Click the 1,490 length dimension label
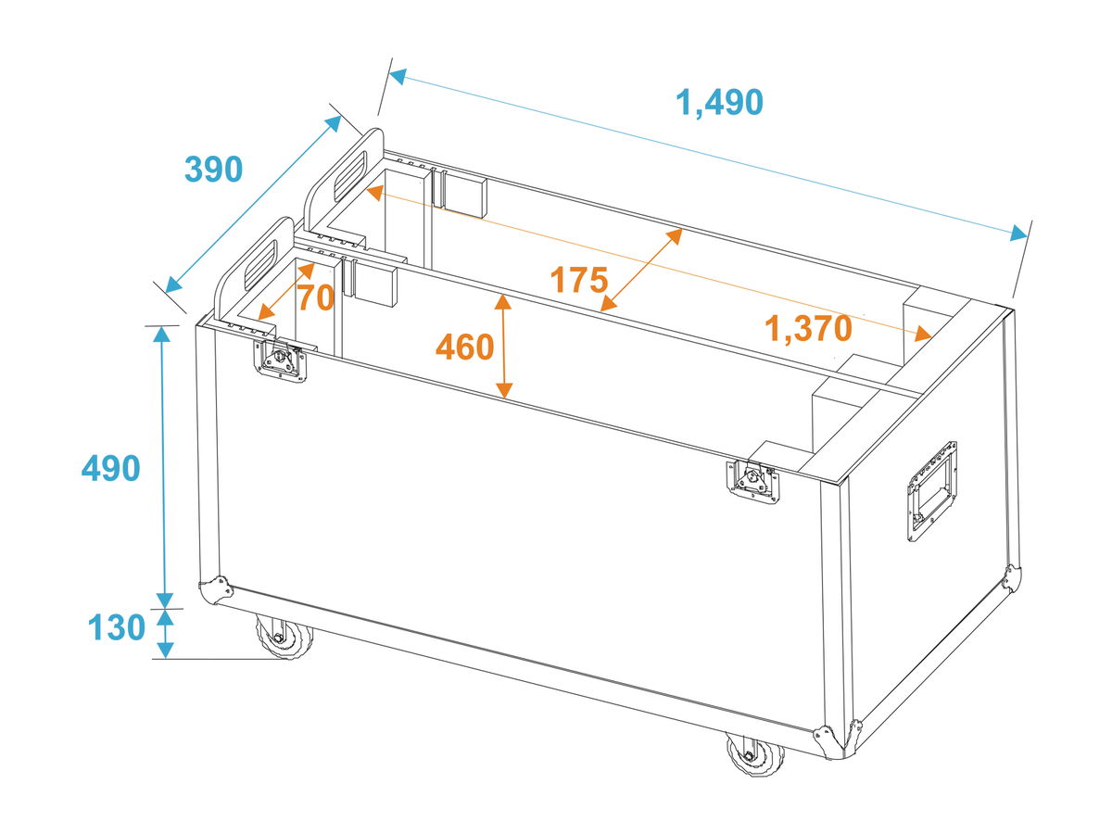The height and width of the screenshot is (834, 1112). tap(719, 103)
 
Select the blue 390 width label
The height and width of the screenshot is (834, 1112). tap(214, 170)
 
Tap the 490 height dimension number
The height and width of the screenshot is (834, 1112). tap(110, 468)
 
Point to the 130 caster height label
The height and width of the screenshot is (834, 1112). tap(117, 627)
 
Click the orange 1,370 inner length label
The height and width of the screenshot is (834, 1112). tap(807, 328)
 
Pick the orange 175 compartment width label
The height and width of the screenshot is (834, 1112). tap(578, 279)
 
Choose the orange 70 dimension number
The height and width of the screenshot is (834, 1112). tap(316, 297)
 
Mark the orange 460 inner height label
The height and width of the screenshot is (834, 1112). tap(464, 347)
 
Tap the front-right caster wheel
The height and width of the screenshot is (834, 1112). tap(754, 754)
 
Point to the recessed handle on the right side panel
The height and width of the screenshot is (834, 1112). tap(931, 491)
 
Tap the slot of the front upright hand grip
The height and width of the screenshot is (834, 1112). tap(261, 265)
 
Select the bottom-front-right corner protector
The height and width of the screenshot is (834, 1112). tap(829, 741)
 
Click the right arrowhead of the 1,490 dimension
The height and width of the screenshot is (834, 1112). tap(1018, 234)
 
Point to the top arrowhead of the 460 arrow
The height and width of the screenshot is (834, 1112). tap(502, 302)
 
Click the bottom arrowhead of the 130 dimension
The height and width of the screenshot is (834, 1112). tap(165, 651)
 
